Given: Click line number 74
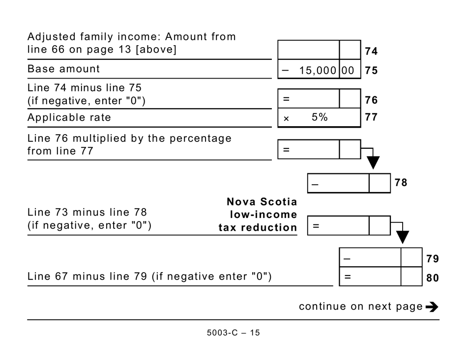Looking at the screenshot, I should click(x=371, y=51).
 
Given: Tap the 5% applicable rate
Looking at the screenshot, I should click(x=320, y=118).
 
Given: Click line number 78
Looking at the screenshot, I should click(x=401, y=183).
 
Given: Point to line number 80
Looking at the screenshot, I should click(x=433, y=277).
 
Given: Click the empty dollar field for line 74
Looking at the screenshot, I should click(x=309, y=50).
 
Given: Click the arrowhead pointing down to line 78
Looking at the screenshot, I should click(x=374, y=163).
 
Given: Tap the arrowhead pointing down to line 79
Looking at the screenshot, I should click(x=403, y=237).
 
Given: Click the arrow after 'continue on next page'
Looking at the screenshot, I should click(x=432, y=307).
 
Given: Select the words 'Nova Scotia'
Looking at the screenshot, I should click(x=262, y=202).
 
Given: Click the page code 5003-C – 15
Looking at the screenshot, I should click(x=233, y=333).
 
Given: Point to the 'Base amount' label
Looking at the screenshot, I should click(x=63, y=69).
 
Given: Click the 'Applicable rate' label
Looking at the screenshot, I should click(x=69, y=117).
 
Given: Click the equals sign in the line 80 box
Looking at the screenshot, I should click(x=347, y=277).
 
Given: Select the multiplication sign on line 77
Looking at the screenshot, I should click(x=286, y=118).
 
